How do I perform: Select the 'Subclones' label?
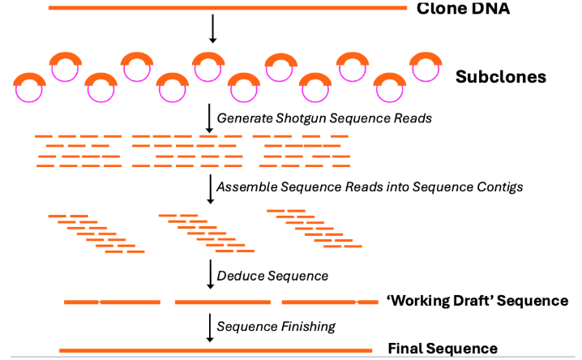tap(500, 78)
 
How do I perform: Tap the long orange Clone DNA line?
tap(227, 7)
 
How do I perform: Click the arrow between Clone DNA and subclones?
tap(212, 28)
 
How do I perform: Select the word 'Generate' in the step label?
tap(243, 118)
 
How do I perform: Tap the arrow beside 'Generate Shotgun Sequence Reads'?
tap(210, 118)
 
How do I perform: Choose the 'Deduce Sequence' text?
tap(272, 276)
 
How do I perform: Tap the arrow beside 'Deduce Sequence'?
tap(210, 274)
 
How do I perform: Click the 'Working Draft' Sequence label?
tap(477, 301)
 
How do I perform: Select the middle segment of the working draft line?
tap(222, 302)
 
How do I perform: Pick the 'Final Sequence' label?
tap(443, 349)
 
